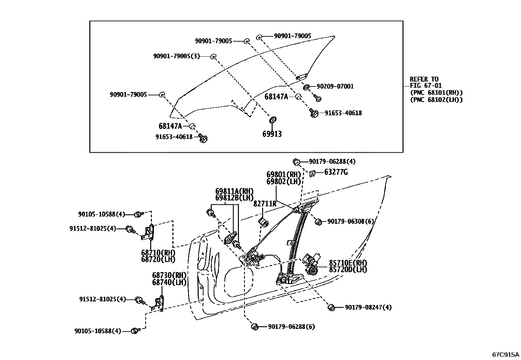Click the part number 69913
click(x=272, y=134)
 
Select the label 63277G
click(x=336, y=172)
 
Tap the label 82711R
click(x=265, y=204)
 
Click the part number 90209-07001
click(x=335, y=86)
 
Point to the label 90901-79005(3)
click(x=176, y=56)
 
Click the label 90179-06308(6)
click(x=350, y=222)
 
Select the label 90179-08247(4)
click(x=368, y=308)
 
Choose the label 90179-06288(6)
click(x=291, y=327)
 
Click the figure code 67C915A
click(x=506, y=355)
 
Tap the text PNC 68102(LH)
click(x=436, y=100)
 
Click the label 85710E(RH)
click(x=348, y=263)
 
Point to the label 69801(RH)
click(x=283, y=175)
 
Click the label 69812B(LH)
click(x=234, y=198)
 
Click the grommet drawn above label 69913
click(x=272, y=120)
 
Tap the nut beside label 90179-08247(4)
click(x=331, y=307)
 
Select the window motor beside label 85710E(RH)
click(x=312, y=264)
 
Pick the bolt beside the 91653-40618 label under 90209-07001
click(x=314, y=113)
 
